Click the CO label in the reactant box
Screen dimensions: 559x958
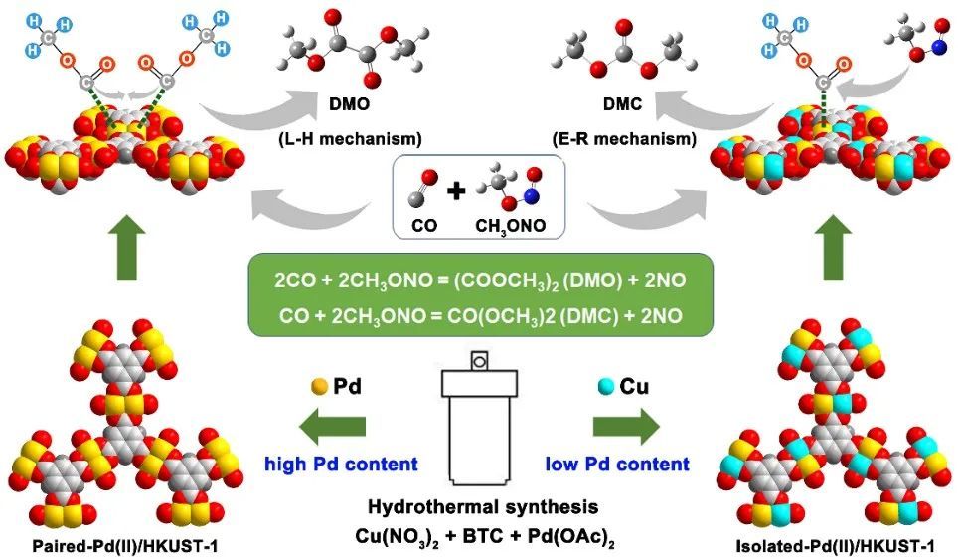(x=424, y=226)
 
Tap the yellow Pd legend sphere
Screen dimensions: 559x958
(x=319, y=386)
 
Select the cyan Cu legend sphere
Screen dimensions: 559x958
(x=605, y=386)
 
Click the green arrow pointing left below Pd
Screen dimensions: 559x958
(x=333, y=426)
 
